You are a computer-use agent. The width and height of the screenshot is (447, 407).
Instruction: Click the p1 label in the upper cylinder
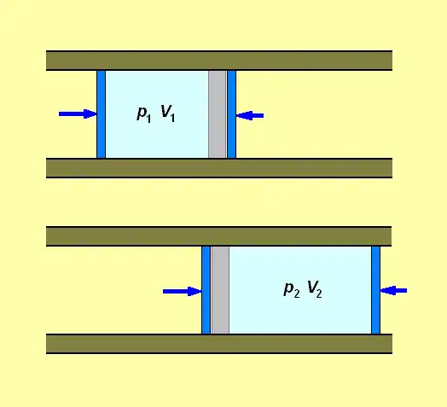point(144,114)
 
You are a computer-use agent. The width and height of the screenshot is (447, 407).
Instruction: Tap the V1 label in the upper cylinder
point(168,113)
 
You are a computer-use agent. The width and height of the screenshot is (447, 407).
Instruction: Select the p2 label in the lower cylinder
point(292,290)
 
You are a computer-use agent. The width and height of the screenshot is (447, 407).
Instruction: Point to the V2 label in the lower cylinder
point(315,289)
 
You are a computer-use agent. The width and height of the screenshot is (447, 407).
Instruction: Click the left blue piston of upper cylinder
point(101,114)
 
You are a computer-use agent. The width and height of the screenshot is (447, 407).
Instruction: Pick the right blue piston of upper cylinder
point(231,114)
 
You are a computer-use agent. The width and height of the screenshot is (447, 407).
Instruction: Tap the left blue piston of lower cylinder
point(206,290)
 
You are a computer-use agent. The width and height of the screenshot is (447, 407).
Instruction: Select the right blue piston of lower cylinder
point(375,290)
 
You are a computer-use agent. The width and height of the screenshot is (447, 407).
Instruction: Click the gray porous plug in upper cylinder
point(218,114)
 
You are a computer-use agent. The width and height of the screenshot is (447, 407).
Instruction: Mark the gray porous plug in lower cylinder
point(220,290)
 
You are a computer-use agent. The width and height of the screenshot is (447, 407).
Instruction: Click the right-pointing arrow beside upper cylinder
point(78,113)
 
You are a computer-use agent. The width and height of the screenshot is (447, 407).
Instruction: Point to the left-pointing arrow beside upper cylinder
point(250,115)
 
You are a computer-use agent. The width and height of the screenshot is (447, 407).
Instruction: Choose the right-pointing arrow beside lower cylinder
point(183,291)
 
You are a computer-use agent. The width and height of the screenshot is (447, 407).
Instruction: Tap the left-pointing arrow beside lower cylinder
point(394,290)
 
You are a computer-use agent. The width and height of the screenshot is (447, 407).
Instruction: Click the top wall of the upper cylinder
point(219,61)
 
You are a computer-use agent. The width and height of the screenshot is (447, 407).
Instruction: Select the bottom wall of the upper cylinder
point(219,168)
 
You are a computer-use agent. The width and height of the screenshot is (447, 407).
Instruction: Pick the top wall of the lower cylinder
point(219,236)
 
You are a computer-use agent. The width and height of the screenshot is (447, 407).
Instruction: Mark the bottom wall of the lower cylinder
point(219,344)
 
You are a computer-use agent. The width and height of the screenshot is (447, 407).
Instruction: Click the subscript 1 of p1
point(148,119)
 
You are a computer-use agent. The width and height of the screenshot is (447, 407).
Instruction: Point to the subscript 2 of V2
point(319,294)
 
